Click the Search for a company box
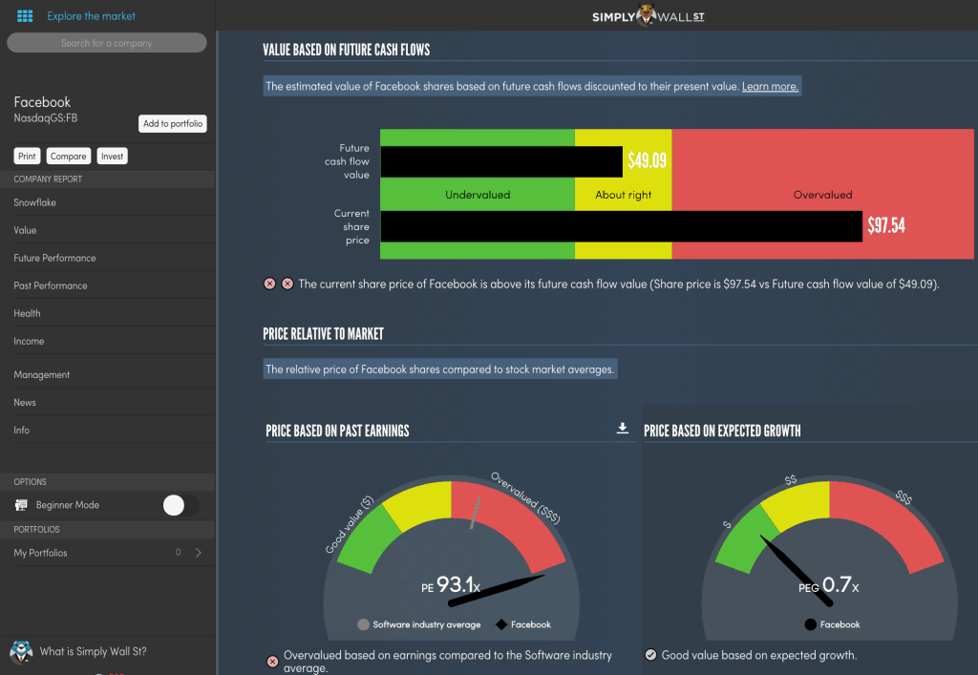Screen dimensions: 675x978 pos(106,43)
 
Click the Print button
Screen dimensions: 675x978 pos(27,156)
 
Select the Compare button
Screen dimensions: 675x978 pos(69,156)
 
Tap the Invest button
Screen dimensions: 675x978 pos(113,156)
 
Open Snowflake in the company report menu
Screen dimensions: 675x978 pos(34,202)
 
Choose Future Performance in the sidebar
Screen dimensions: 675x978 pos(54,258)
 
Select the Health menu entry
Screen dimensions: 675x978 pos(27,313)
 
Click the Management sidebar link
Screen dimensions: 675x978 pos(42,375)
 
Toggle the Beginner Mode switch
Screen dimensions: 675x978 pos(181,505)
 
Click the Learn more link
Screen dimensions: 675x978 pos(770,86)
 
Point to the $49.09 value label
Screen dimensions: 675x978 pos(647,161)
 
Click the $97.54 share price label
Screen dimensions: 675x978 pos(885,226)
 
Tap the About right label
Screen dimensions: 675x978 pos(624,195)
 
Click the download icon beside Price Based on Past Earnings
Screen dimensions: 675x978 pos(623,429)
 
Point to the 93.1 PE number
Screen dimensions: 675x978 pos(454,584)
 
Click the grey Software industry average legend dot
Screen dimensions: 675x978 pos(363,624)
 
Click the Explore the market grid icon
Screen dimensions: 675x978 pos(25,16)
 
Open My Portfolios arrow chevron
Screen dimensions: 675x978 pos(198,553)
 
